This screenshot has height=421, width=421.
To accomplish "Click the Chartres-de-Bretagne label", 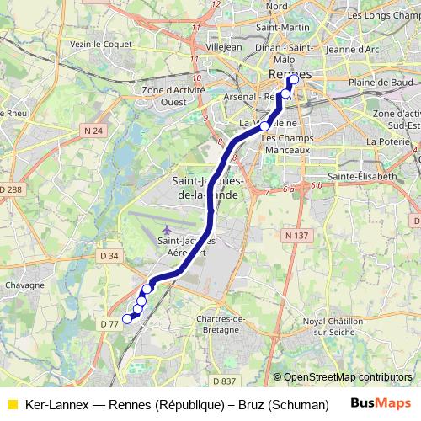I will point(220,325).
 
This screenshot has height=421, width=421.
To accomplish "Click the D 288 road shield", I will point(12,190).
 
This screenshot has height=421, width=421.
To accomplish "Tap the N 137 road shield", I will point(295,237).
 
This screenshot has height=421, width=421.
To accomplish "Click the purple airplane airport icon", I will point(167,229).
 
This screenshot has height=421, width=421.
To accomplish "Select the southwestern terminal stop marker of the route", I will point(128,318).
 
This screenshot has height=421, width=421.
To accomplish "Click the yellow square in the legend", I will point(13,404).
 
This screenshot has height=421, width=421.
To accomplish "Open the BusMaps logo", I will point(376,403).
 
